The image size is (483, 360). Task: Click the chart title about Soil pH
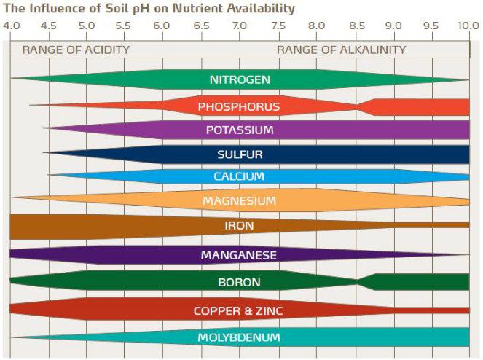tap(149, 9)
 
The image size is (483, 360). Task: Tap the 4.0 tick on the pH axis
tap(11, 26)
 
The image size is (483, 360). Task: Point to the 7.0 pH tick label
tap(239, 26)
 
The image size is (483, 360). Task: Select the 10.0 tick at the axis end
tap(468, 26)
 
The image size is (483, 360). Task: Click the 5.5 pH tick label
tap(124, 26)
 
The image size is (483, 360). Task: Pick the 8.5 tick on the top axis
tap(356, 26)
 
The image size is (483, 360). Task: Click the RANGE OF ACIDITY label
tap(76, 50)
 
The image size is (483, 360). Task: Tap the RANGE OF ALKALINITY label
tap(341, 50)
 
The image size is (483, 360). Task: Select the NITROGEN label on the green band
tap(240, 79)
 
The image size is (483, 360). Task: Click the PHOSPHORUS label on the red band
tap(239, 107)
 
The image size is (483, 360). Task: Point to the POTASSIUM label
tap(240, 130)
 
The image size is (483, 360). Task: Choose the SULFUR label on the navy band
tap(240, 154)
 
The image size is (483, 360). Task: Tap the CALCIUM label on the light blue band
tap(239, 177)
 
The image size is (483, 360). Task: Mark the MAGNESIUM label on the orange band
tap(239, 201)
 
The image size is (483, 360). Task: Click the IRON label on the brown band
tap(239, 226)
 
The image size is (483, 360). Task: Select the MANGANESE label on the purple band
tap(239, 255)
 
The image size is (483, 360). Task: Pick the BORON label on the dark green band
tap(239, 282)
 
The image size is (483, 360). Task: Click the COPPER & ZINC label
tap(239, 311)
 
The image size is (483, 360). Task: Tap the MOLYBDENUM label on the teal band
tap(239, 337)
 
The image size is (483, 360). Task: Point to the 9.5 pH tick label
tap(431, 26)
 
